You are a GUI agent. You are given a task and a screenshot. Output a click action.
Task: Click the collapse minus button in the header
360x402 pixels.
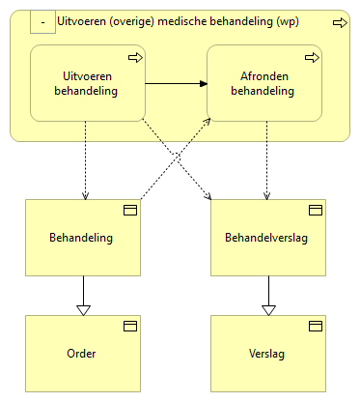click(x=43, y=20)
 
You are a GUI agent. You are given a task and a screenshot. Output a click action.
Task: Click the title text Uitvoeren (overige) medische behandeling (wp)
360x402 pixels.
click(x=190, y=21)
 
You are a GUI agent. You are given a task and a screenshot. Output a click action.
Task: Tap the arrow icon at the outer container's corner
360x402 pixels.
click(x=339, y=21)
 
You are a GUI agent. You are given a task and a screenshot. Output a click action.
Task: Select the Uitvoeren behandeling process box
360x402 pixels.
click(x=87, y=85)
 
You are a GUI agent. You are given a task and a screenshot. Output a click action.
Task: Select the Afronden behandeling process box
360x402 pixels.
click(x=264, y=85)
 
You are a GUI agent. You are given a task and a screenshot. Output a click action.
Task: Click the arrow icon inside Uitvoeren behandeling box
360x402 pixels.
click(x=134, y=58)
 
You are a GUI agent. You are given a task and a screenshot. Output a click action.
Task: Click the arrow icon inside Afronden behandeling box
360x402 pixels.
click(x=312, y=58)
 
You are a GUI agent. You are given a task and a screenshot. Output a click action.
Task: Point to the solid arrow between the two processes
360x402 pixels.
click(x=176, y=85)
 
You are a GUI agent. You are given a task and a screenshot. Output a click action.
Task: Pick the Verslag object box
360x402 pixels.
click(x=267, y=353)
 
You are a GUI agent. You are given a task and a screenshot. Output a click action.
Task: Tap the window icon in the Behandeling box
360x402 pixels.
click(x=128, y=210)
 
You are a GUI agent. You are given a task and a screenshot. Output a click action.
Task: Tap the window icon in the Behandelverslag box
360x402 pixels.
click(x=315, y=210)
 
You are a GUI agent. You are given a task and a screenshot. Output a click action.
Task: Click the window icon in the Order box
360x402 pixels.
click(x=128, y=326)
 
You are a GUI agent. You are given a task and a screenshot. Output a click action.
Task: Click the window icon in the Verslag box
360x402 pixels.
click(x=315, y=326)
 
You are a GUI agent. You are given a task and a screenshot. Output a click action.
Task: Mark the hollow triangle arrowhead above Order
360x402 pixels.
click(x=83, y=309)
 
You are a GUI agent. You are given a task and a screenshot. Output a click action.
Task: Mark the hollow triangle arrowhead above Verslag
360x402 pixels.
click(x=268, y=309)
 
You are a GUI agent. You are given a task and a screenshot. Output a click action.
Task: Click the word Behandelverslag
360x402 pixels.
click(x=266, y=238)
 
